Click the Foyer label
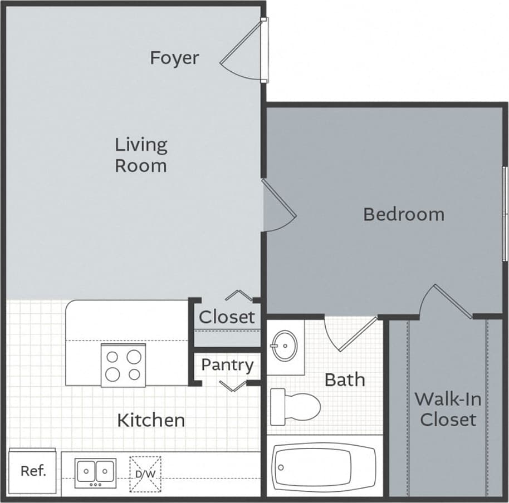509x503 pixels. pos(174,58)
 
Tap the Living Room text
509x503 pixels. pos(141,155)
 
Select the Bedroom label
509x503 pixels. pos(404,214)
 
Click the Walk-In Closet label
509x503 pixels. pos(448,409)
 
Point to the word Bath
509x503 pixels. pos(345,380)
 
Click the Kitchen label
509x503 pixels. pos(151,420)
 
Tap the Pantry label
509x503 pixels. pos(227,365)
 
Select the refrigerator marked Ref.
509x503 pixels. pos(33,471)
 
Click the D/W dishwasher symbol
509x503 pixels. pos(145,474)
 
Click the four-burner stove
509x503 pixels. pos(123,365)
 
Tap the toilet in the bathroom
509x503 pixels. pos(295,406)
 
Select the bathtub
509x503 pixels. pos(324,466)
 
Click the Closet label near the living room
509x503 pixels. pos(227,317)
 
